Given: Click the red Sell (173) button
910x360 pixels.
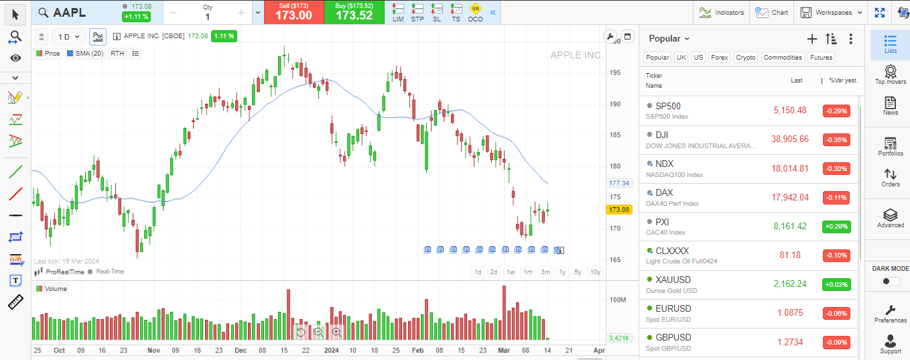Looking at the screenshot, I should [x=294, y=11].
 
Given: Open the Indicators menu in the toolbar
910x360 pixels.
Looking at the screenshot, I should [x=721, y=12].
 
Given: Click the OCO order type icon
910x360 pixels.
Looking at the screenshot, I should [x=475, y=11].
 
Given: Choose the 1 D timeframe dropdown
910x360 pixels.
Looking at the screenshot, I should [x=68, y=37].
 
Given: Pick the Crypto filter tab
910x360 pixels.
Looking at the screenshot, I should [x=745, y=58].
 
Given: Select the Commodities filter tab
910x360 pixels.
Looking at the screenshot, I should [x=782, y=58].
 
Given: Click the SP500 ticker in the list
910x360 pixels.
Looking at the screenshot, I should [x=667, y=106].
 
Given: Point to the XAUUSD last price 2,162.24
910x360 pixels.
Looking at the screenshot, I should [x=791, y=284].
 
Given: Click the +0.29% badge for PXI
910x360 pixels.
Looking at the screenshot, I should [x=836, y=227].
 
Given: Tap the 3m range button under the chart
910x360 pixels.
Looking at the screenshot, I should [x=545, y=272].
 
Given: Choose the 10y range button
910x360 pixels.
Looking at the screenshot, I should [x=594, y=272].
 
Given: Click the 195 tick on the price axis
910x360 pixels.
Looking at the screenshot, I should [x=614, y=72].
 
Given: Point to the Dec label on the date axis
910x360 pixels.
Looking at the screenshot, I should [x=241, y=350].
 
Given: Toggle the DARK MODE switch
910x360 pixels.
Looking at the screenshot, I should [x=891, y=282].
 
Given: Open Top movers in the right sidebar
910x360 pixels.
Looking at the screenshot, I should [x=890, y=74].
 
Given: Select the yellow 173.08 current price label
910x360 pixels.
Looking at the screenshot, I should [x=619, y=210].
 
